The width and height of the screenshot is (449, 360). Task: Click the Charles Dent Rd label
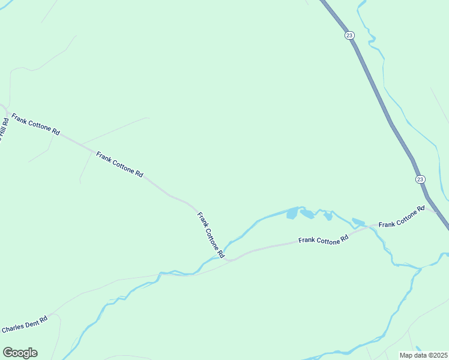[x=25, y=325]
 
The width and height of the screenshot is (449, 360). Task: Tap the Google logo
[x=20, y=353]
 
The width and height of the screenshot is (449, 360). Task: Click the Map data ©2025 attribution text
[x=423, y=355]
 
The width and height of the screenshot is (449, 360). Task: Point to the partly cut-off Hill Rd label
[x=4, y=129]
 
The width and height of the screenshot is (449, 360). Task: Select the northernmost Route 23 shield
[x=349, y=35]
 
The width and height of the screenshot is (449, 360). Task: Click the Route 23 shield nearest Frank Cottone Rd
[x=420, y=179]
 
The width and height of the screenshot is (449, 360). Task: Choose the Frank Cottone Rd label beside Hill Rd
[x=36, y=123]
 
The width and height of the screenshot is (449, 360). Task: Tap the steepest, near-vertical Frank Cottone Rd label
[x=210, y=235]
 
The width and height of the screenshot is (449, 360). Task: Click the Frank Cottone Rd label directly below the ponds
[x=324, y=239]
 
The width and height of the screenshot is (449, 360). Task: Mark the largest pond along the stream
[x=292, y=213]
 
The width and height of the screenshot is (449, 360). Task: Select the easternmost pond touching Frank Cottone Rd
[x=358, y=222]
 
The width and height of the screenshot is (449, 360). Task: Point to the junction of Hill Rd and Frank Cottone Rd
[x=5, y=110]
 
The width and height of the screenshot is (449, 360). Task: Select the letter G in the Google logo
[x=8, y=353]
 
